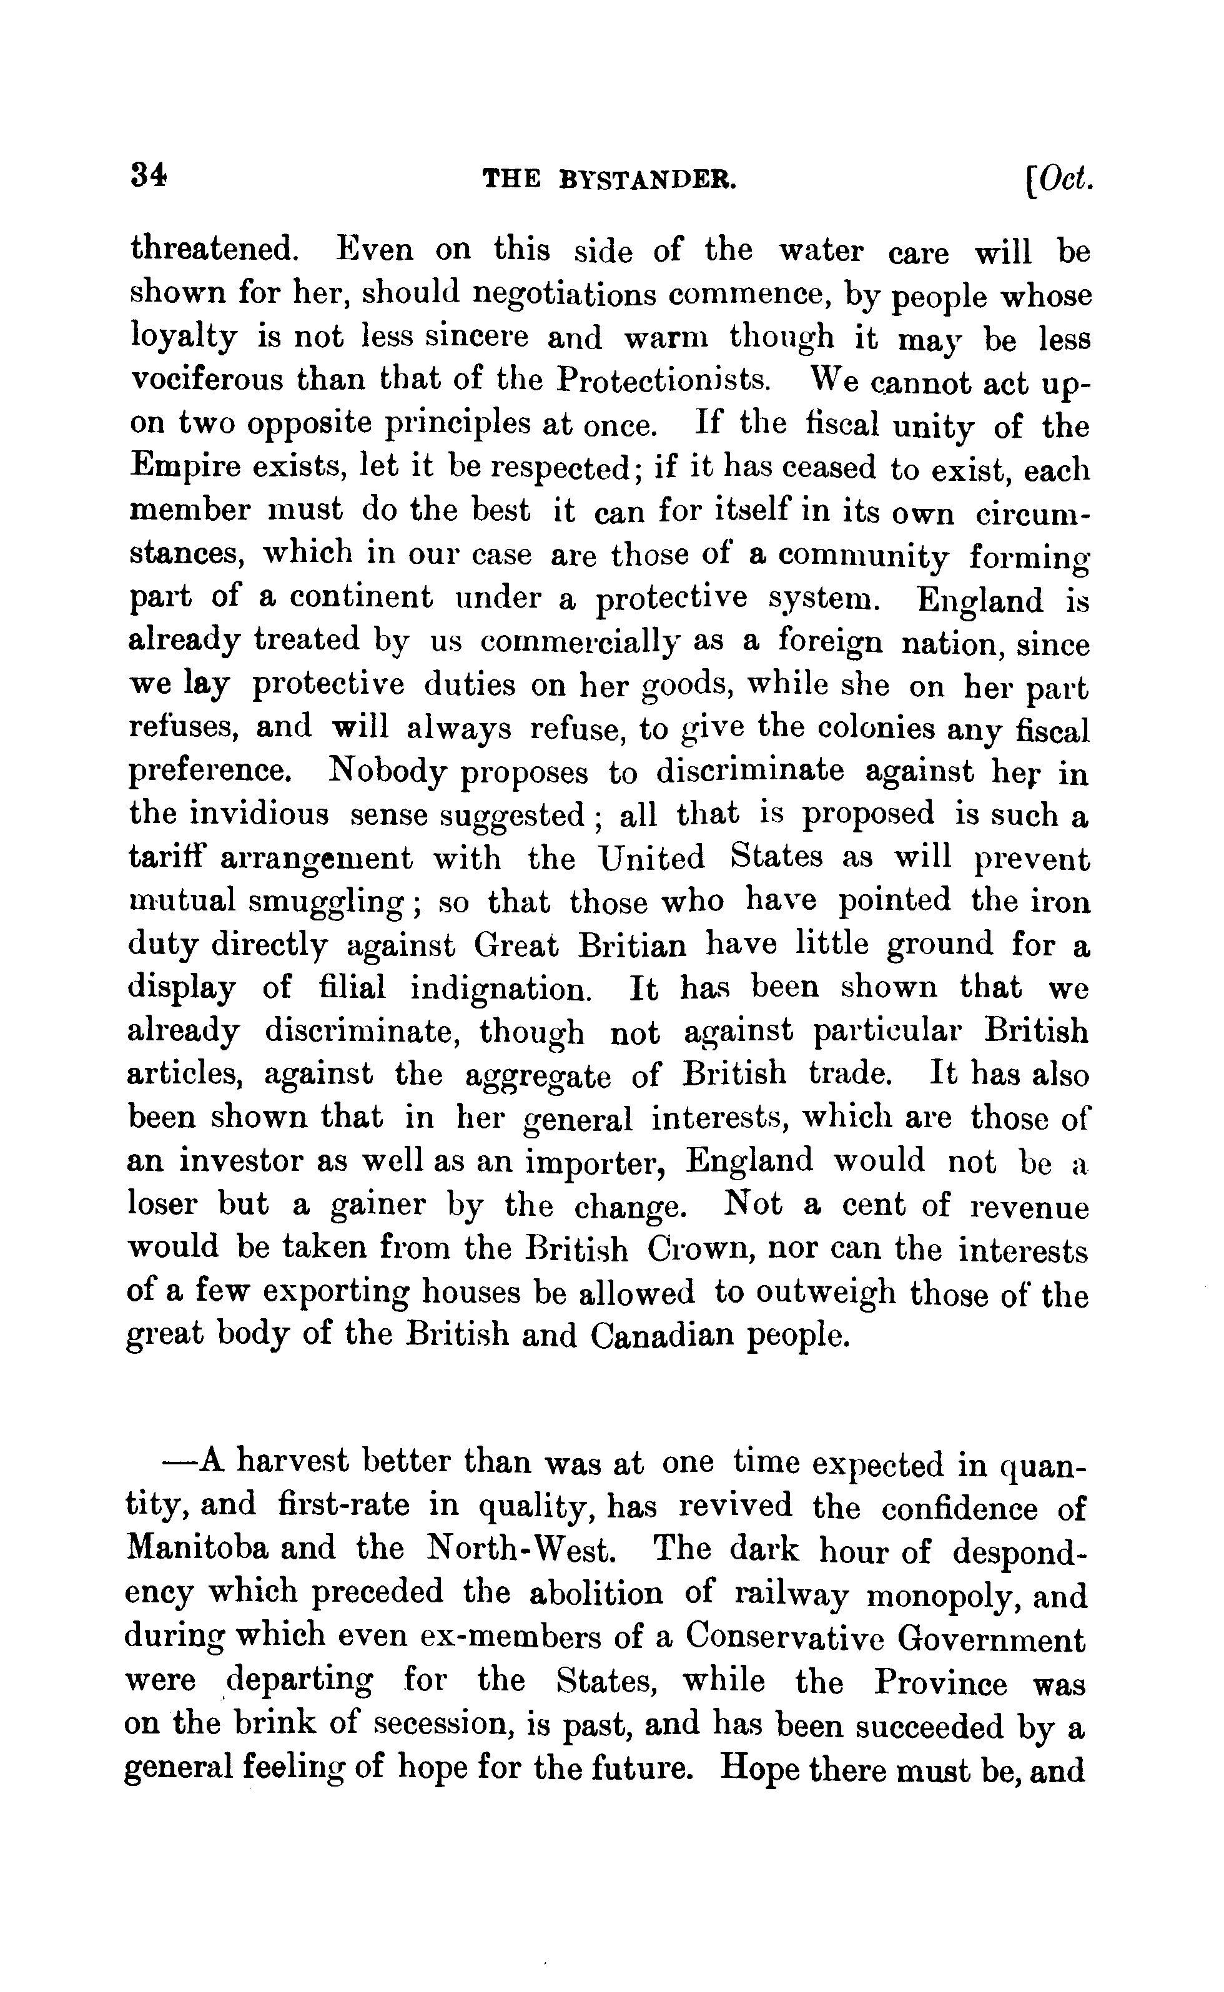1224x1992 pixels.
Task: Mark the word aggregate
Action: (538, 1076)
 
